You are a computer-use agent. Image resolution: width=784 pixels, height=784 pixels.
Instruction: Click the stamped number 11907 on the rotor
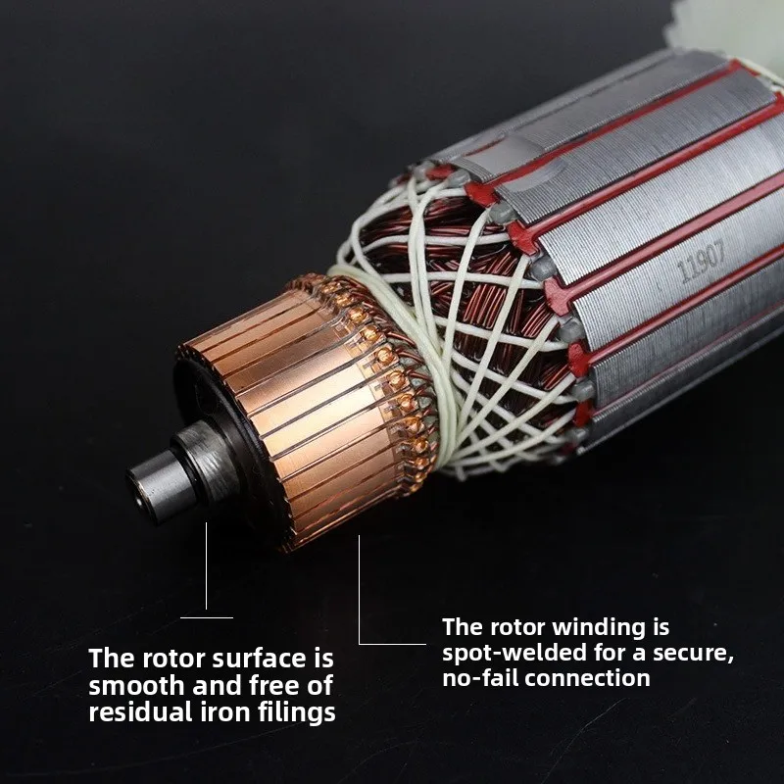(x=701, y=261)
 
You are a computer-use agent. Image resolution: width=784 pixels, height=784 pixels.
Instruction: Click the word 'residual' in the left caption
(x=140, y=712)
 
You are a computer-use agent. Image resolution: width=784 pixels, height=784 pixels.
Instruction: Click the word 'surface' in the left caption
(x=259, y=659)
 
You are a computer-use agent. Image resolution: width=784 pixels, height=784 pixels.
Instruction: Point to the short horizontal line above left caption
(x=207, y=618)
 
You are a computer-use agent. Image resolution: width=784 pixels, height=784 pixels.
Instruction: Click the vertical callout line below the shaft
(x=206, y=566)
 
